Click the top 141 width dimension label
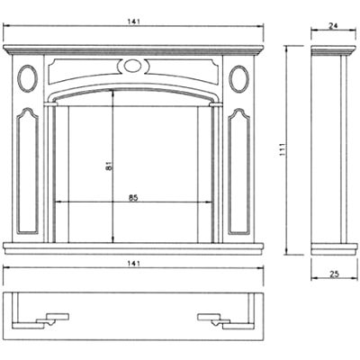tap(133, 22)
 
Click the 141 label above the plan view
tap(133, 264)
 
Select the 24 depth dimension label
tap(333, 26)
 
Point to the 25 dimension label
tap(334, 274)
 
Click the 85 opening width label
tap(133, 198)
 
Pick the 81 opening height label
tap(109, 166)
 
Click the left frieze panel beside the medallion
tap(83, 70)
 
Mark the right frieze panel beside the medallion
tap(183, 70)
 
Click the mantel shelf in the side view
tap(333, 50)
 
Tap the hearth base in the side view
tap(334, 249)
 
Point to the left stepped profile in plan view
tap(40, 321)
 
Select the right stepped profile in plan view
tap(226, 321)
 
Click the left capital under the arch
tap(50, 104)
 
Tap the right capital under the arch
tap(216, 104)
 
